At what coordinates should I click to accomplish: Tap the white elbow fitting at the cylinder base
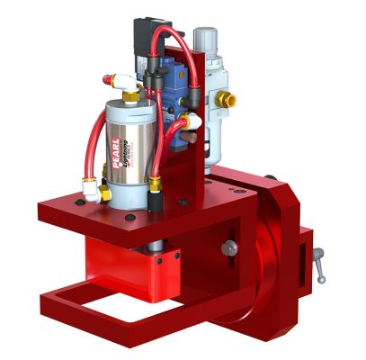(93, 189)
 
